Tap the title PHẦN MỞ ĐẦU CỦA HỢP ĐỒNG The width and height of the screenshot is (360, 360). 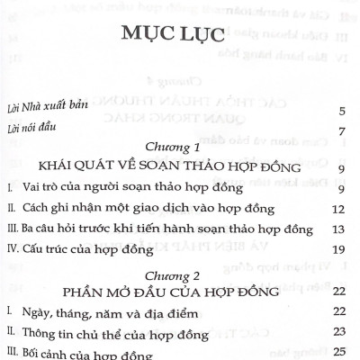(181, 292)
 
